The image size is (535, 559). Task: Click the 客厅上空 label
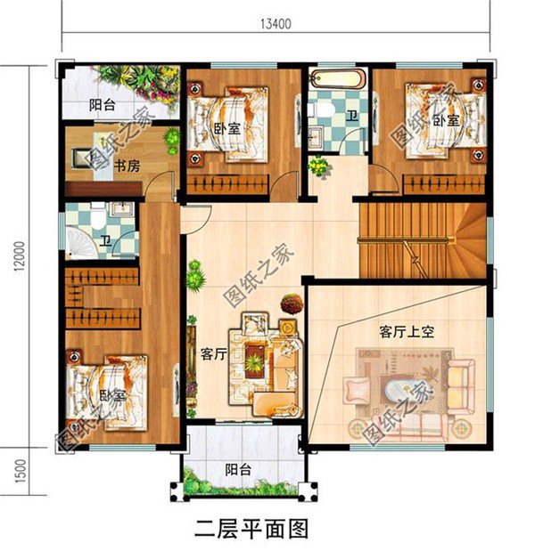pos(406,331)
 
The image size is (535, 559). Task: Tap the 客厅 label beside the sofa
pos(212,353)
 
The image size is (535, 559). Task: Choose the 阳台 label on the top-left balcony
pos(101,104)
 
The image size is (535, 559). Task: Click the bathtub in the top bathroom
pos(338,78)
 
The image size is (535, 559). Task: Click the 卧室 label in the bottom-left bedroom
pos(111,394)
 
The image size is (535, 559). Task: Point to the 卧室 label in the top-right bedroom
pos(446,119)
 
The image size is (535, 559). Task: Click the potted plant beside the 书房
pos(171,140)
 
